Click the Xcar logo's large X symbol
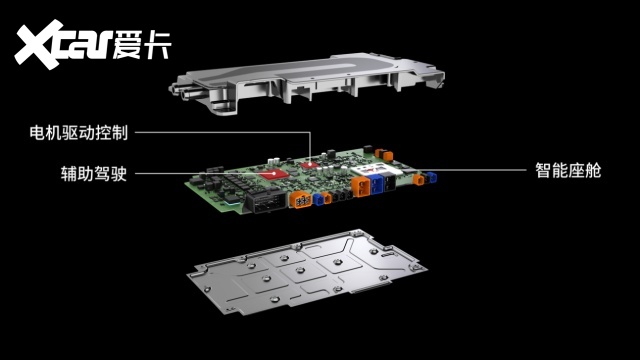click(39, 44)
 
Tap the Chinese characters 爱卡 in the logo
click(142, 44)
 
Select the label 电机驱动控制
click(79, 133)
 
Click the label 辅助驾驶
click(94, 173)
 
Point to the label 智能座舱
click(568, 170)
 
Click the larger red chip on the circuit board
click(274, 174)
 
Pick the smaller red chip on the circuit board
click(309, 164)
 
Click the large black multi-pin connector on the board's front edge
click(267, 201)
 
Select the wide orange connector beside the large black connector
click(301, 199)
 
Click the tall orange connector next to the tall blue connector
click(360, 186)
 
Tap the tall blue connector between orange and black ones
click(376, 184)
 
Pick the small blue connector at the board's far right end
click(431, 178)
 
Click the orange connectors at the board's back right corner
click(384, 154)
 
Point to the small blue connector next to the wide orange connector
click(318, 199)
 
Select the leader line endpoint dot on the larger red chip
click(274, 173)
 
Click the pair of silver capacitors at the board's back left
click(273, 161)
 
